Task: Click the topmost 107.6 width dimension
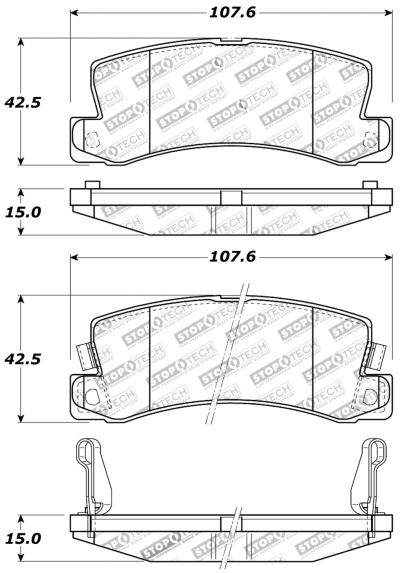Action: coord(232,12)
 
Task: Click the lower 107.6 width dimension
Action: coord(232,257)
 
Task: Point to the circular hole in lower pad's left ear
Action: coord(91,396)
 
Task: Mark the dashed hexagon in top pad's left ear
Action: coord(91,138)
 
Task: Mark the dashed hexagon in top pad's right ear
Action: coord(370,138)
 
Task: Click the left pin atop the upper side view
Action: coord(90,185)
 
